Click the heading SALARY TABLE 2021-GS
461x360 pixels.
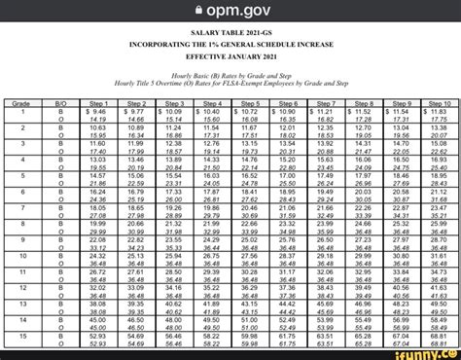pos(230,34)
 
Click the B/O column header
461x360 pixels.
pos(61,102)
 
